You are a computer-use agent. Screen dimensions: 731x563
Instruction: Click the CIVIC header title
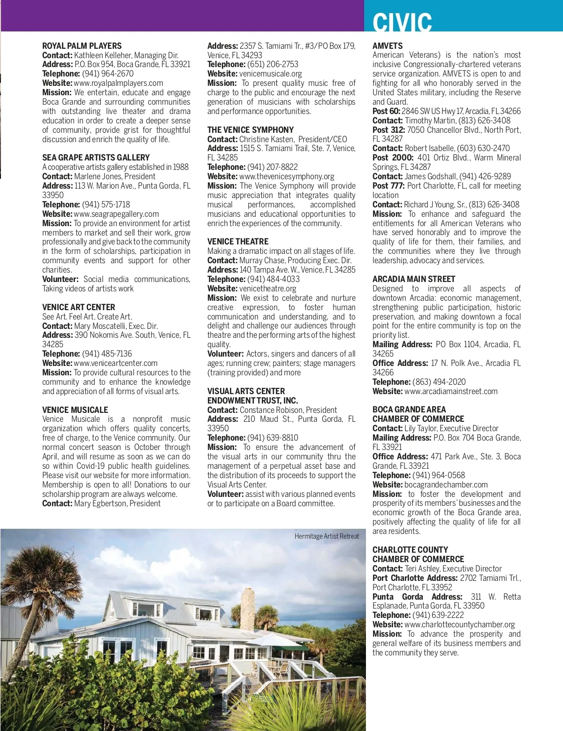(x=402, y=22)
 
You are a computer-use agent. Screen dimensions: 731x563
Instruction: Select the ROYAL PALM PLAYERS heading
(x=82, y=46)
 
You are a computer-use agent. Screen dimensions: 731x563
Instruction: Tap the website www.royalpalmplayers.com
(x=118, y=83)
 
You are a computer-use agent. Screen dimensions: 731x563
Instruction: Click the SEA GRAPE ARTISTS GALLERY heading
(x=96, y=158)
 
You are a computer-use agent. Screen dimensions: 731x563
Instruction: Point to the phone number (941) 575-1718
(x=106, y=205)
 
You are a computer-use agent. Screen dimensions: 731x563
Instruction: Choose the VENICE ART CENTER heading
(x=78, y=307)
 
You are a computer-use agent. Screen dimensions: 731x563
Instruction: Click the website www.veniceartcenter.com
(x=115, y=363)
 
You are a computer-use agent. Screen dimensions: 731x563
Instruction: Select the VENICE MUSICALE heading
(x=75, y=410)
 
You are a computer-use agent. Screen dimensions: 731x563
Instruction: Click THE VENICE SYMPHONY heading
(x=251, y=130)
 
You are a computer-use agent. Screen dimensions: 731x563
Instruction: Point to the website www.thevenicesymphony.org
(x=287, y=176)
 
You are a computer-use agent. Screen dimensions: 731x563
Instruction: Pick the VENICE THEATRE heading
(x=238, y=242)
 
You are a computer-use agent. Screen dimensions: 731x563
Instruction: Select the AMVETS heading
(x=388, y=46)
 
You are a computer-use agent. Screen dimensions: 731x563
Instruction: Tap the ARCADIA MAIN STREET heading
(x=414, y=279)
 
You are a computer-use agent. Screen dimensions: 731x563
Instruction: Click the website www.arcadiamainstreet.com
(x=451, y=391)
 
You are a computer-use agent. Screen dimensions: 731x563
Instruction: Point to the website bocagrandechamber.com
(x=446, y=485)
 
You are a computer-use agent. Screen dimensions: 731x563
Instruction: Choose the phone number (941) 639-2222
(x=438, y=615)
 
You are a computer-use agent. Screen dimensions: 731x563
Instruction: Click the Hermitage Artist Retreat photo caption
(x=327, y=536)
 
